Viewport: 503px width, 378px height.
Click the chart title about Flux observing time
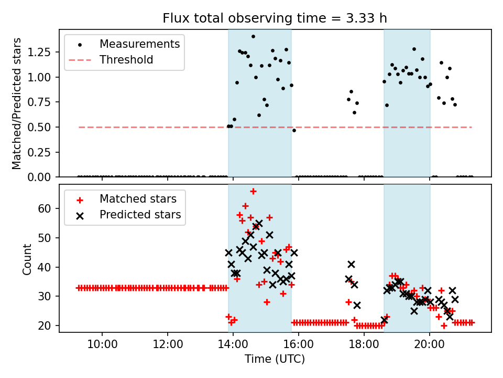pos(275,18)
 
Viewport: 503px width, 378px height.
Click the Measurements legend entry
pos(139,44)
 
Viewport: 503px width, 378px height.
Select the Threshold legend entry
pos(126,60)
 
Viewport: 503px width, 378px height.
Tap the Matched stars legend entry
pos(138,199)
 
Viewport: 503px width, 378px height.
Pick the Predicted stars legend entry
pos(140,215)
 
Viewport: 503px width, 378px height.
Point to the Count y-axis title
pos(27,259)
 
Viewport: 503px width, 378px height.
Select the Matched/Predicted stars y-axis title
pos(17,103)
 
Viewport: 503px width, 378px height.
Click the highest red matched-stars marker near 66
pos(253,191)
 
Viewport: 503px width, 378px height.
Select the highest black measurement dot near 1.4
pos(253,37)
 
